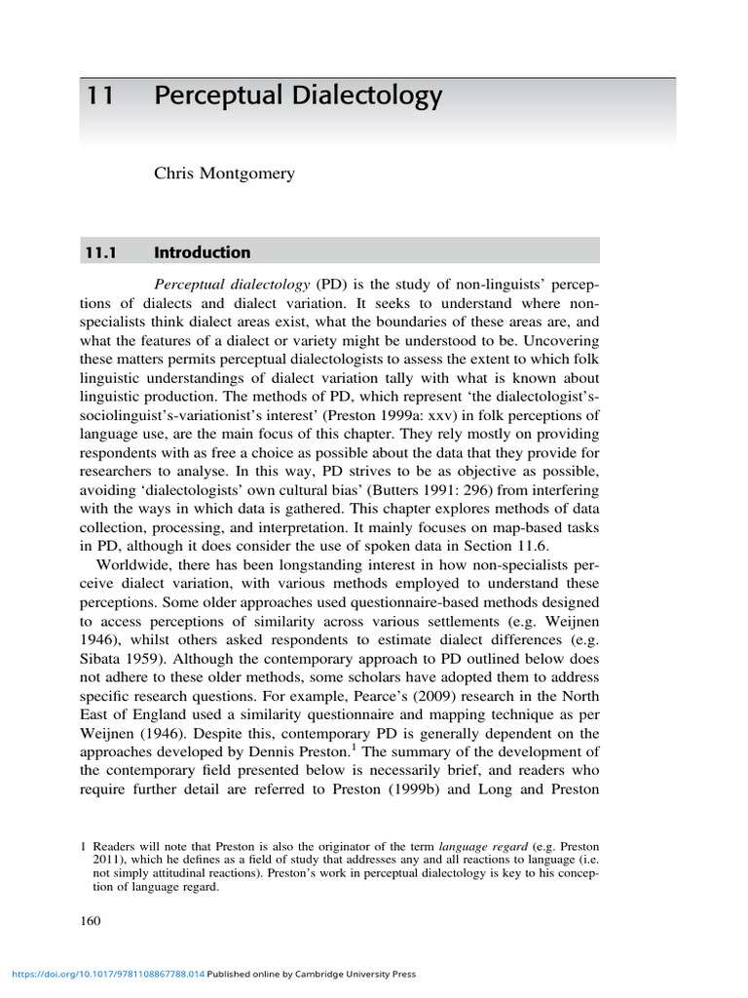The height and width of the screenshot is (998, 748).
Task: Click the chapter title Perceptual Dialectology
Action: click(298, 96)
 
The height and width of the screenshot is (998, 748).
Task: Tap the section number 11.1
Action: click(97, 252)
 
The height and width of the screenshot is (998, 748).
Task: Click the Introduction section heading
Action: click(202, 252)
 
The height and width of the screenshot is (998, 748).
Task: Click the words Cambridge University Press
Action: click(360, 974)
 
